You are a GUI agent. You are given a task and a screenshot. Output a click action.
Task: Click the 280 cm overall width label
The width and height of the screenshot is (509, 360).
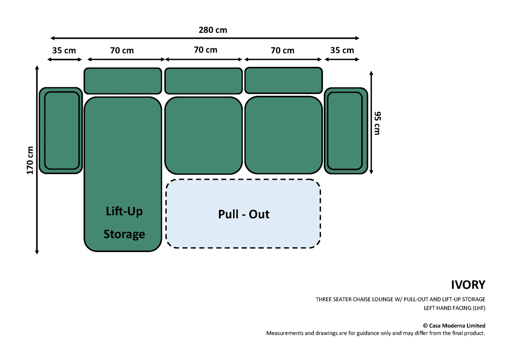coord(213,30)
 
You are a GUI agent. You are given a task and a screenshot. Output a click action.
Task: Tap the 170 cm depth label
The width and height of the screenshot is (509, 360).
coord(30,160)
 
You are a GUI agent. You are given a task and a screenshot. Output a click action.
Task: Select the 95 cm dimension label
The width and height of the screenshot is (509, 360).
coord(377,123)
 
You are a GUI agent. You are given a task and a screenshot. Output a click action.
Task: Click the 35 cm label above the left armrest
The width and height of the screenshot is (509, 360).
coord(64,51)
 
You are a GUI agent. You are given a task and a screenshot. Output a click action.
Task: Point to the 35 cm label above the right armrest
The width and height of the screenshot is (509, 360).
coord(342,50)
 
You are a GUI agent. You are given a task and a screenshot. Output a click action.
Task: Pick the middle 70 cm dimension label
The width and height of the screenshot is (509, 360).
coord(206,50)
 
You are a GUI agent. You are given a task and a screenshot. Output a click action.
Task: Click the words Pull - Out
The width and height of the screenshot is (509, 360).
coord(244,214)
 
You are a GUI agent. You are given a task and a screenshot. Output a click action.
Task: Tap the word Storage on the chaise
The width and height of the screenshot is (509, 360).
coord(124,234)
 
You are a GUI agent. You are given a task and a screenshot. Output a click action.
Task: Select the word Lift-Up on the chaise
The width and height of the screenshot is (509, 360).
coord(124,211)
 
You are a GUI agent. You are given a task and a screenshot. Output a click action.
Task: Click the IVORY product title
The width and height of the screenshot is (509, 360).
coord(468,285)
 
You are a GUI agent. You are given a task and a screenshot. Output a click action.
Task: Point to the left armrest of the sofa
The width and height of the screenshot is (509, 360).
coord(61,131)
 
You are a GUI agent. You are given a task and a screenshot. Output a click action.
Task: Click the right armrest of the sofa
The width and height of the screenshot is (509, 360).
coord(346,131)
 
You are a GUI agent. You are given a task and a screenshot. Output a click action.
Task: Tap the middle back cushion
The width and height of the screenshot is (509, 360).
coord(204,81)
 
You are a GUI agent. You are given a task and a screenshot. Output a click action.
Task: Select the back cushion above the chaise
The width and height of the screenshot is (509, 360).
coord(123,81)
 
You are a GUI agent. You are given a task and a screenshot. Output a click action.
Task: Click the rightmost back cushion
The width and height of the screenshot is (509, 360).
coord(283,80)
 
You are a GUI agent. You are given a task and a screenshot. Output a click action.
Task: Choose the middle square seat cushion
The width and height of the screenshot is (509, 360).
coord(204,136)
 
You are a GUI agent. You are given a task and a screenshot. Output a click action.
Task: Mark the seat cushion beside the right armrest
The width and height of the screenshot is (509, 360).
coord(283,135)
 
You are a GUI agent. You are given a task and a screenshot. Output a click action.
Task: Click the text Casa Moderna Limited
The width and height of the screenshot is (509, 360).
coord(457,326)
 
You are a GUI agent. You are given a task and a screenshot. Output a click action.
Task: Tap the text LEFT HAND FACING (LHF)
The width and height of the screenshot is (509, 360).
coord(455,308)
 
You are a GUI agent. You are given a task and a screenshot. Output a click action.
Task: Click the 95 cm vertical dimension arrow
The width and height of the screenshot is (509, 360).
coord(371,123)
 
